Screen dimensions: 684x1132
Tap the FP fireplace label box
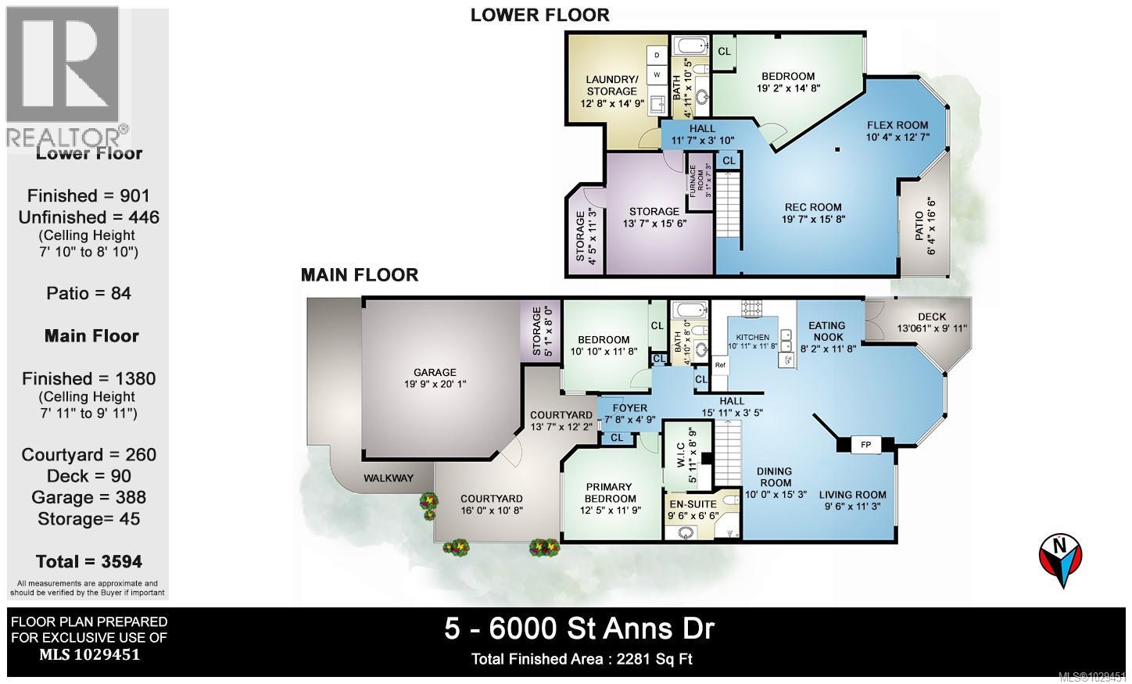coord(865,443)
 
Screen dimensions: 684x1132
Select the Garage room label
coord(435,373)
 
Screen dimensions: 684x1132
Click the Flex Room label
coord(897,125)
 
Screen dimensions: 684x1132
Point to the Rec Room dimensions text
coord(814,220)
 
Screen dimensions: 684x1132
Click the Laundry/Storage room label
coord(611,84)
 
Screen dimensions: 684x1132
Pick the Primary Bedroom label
coord(611,492)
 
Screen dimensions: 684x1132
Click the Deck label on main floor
coord(932,317)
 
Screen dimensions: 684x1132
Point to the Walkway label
coord(388,478)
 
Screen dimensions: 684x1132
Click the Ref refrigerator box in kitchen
coord(720,365)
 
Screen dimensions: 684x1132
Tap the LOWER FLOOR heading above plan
coord(539,14)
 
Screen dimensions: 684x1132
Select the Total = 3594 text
coord(89,561)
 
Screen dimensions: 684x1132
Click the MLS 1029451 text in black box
coord(89,655)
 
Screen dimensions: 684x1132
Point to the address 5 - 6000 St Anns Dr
coord(579,628)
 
